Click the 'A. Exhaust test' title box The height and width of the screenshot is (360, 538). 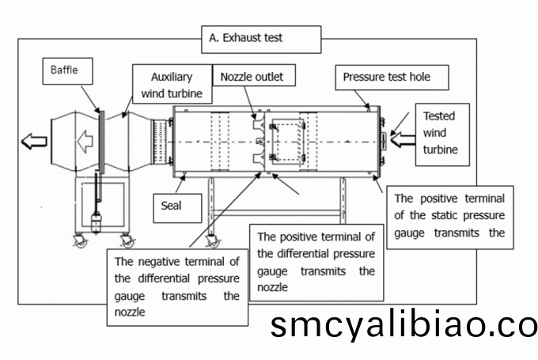pos(262,37)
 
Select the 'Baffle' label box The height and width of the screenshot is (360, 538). pos(65,70)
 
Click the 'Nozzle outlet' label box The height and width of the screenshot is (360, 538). pos(252,77)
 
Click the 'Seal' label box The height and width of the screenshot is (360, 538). pos(171,207)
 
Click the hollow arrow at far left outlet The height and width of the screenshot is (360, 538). pos(34,142)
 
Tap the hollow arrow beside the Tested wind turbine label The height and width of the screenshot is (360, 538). pos(400,141)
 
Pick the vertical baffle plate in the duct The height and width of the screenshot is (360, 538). pos(101,142)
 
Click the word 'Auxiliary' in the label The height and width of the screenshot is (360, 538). pos(173,78)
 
